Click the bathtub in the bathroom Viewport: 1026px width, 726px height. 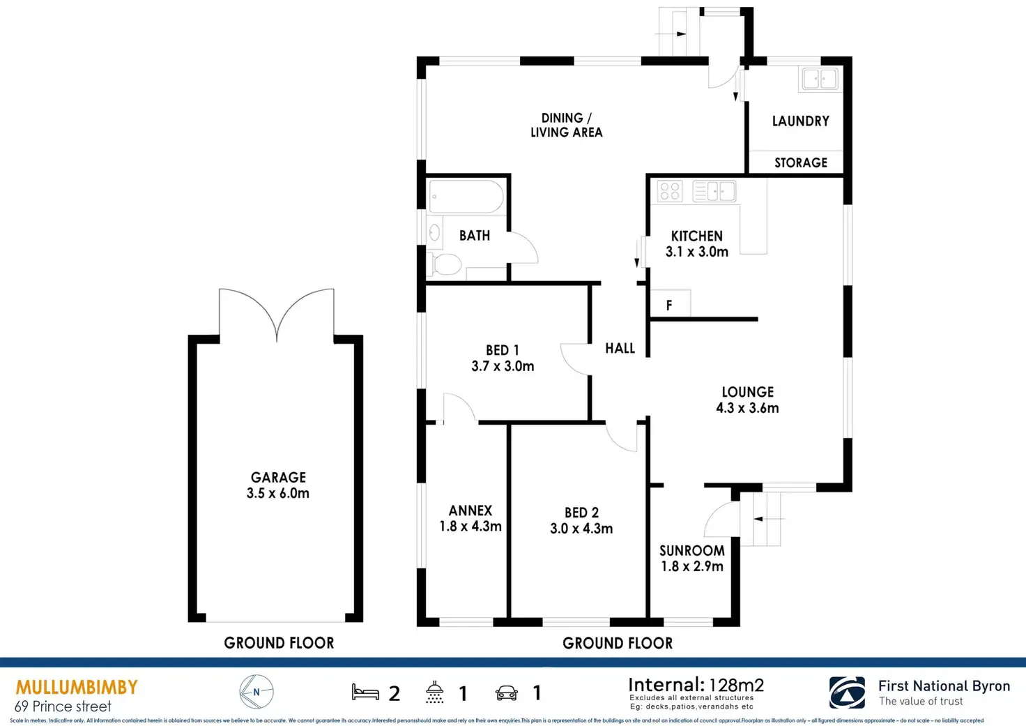click(466, 197)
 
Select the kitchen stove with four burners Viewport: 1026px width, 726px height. click(669, 191)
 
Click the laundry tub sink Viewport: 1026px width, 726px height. click(819, 79)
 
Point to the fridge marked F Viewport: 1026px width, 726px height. click(670, 305)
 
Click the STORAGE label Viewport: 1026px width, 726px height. click(801, 162)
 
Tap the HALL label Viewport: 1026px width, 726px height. click(620, 348)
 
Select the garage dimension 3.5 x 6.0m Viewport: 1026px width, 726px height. click(277, 493)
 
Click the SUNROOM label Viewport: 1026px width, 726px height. click(691, 550)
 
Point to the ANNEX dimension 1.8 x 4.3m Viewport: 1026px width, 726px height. click(470, 527)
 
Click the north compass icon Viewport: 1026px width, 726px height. click(256, 693)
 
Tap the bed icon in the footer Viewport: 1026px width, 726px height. click(365, 693)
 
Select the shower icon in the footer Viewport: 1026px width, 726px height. click(435, 693)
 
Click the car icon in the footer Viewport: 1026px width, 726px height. click(507, 693)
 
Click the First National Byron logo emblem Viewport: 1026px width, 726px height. click(847, 693)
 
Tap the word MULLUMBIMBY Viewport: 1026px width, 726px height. click(77, 688)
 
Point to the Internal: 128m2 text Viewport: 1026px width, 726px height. click(696, 685)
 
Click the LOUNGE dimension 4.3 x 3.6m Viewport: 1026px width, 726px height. click(747, 408)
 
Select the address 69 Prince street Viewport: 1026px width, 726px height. click(63, 706)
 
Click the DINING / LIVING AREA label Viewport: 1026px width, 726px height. click(566, 125)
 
